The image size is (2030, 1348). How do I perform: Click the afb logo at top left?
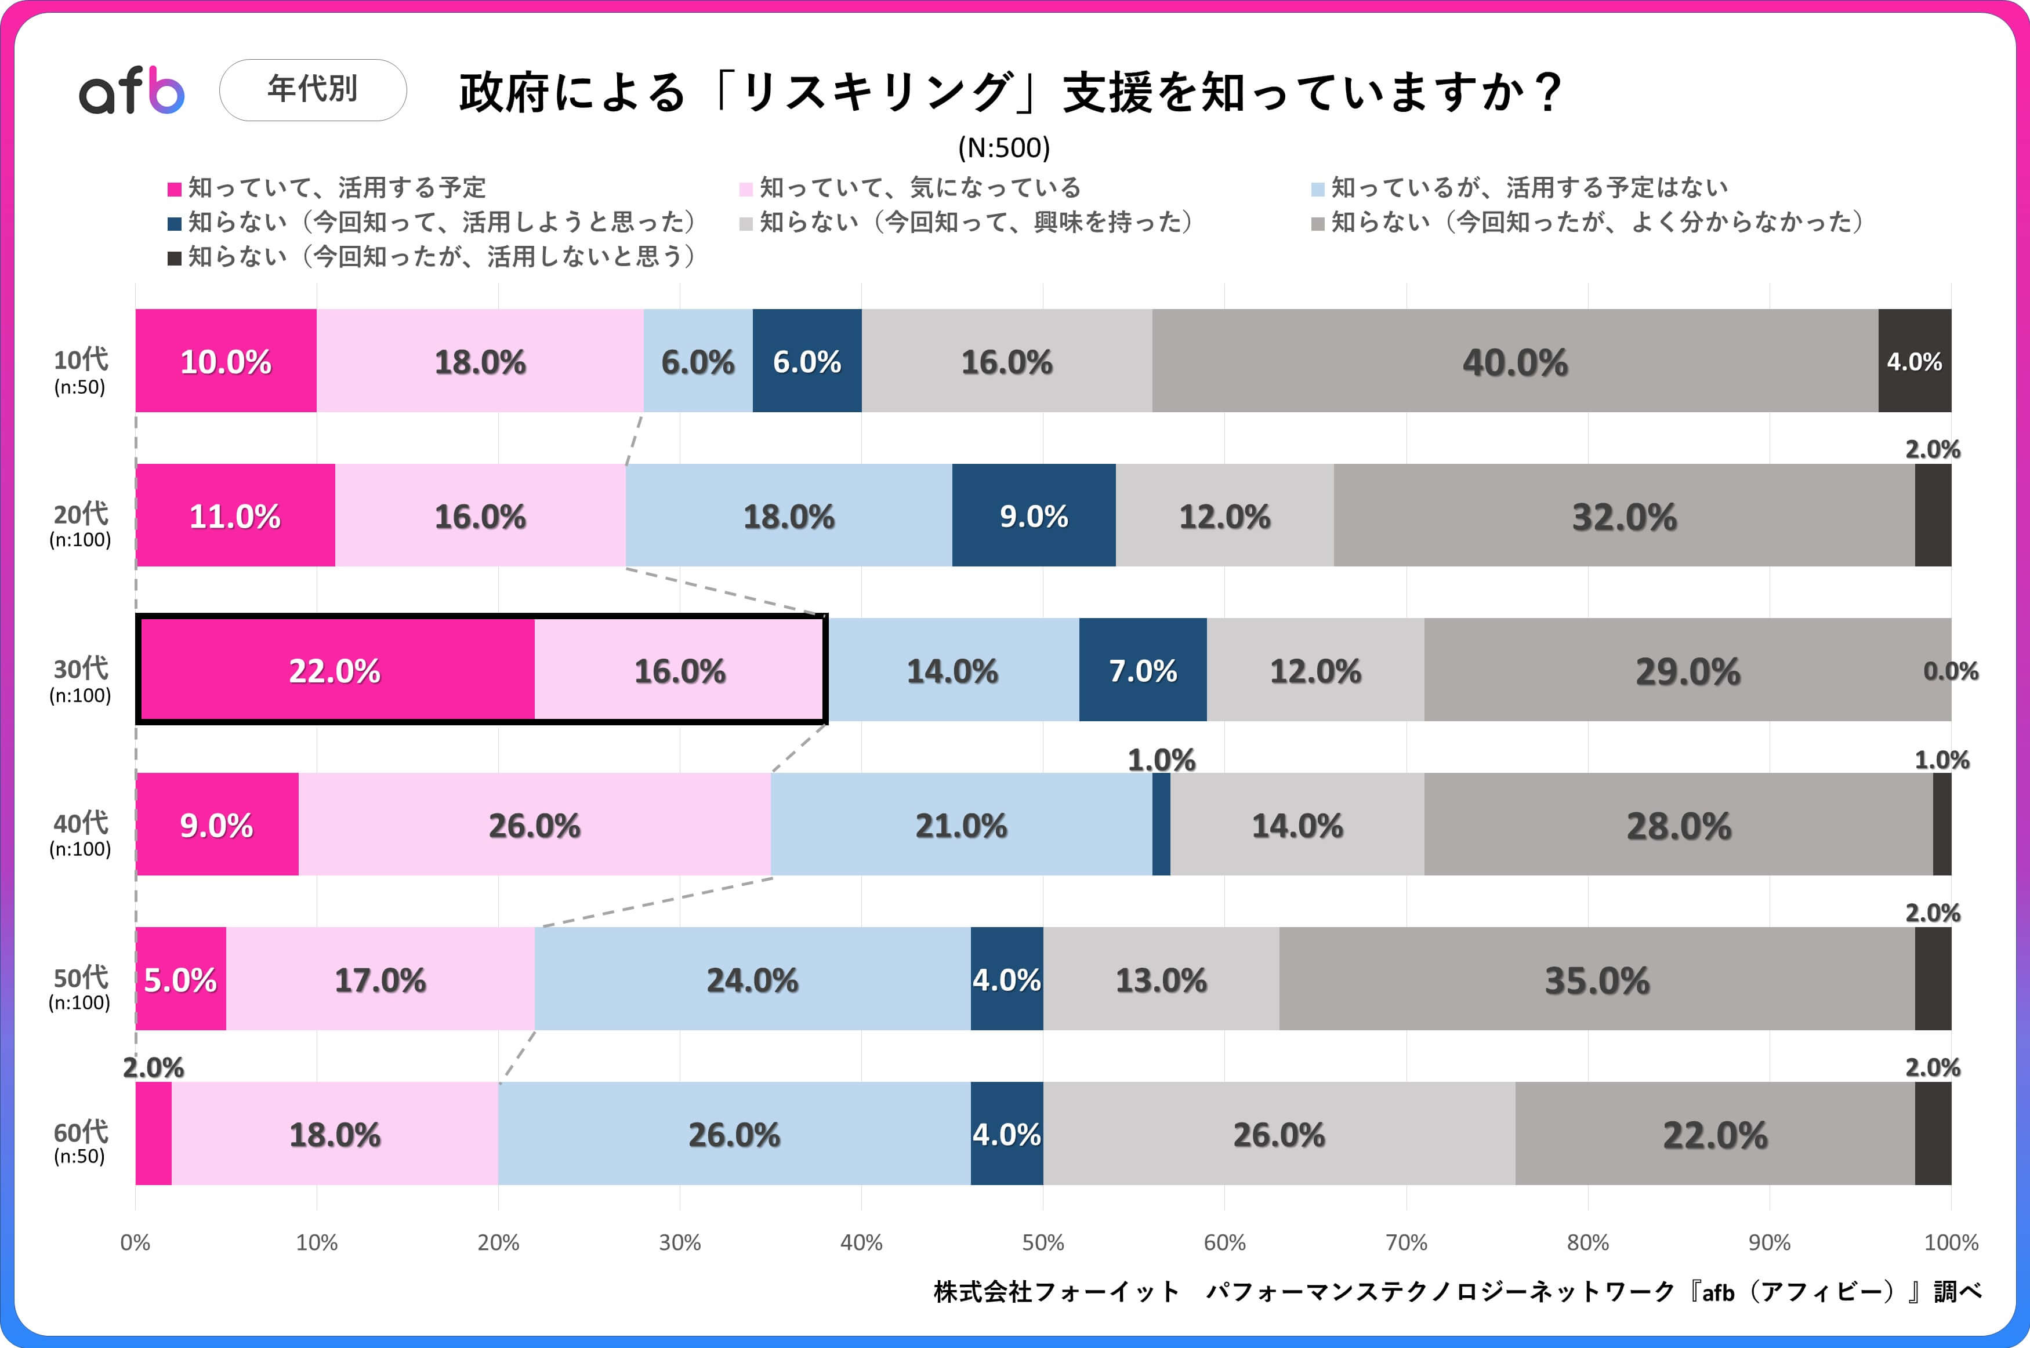(132, 91)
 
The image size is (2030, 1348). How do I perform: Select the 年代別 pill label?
(313, 89)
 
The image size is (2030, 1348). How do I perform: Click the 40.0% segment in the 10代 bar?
(1514, 361)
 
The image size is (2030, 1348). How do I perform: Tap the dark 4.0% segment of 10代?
(1914, 361)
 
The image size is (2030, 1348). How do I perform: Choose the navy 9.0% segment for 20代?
(1034, 516)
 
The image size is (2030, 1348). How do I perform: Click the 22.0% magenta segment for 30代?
(335, 671)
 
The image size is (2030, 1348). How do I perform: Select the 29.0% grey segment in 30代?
(1687, 671)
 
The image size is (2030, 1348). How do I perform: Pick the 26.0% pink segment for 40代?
(534, 825)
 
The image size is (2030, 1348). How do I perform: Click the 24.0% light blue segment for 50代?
(752, 979)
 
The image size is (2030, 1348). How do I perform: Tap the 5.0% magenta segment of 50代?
(180, 979)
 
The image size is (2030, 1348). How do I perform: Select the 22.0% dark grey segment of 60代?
(1714, 1134)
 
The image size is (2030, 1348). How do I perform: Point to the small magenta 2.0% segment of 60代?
(153, 1134)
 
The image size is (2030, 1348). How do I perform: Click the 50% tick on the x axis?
(1043, 1242)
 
